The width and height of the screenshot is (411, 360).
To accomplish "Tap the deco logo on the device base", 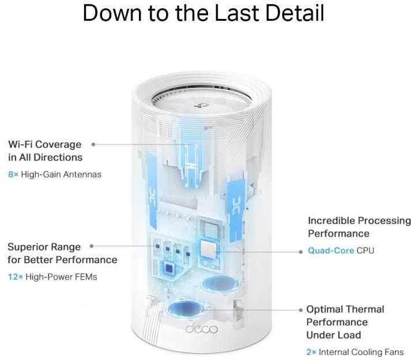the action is pyautogui.click(x=201, y=328).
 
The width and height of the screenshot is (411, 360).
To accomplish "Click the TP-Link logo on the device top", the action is pyautogui.click(x=201, y=106).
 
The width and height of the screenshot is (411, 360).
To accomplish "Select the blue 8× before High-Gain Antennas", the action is pyautogui.click(x=13, y=174).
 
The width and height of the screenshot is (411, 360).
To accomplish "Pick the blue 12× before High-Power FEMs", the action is pyautogui.click(x=16, y=277).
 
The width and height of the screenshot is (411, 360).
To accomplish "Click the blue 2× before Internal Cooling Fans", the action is pyautogui.click(x=311, y=352).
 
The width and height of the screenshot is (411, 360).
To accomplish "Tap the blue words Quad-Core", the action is pyautogui.click(x=331, y=250).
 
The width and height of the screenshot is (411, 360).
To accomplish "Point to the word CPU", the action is pyautogui.click(x=365, y=250).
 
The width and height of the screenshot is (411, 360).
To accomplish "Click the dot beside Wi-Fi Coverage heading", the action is pyautogui.click(x=93, y=144).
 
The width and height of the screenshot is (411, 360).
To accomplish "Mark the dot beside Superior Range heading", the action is pyautogui.click(x=92, y=246).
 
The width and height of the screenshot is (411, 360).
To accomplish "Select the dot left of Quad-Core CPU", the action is pyautogui.click(x=301, y=252).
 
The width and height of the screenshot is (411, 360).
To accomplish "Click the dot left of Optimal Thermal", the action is pyautogui.click(x=301, y=310).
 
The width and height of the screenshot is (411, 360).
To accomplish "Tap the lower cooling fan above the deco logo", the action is pyautogui.click(x=186, y=309).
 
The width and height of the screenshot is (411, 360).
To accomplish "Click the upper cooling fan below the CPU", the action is pyautogui.click(x=220, y=284).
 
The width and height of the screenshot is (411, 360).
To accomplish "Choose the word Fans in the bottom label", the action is pyautogui.click(x=394, y=352).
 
